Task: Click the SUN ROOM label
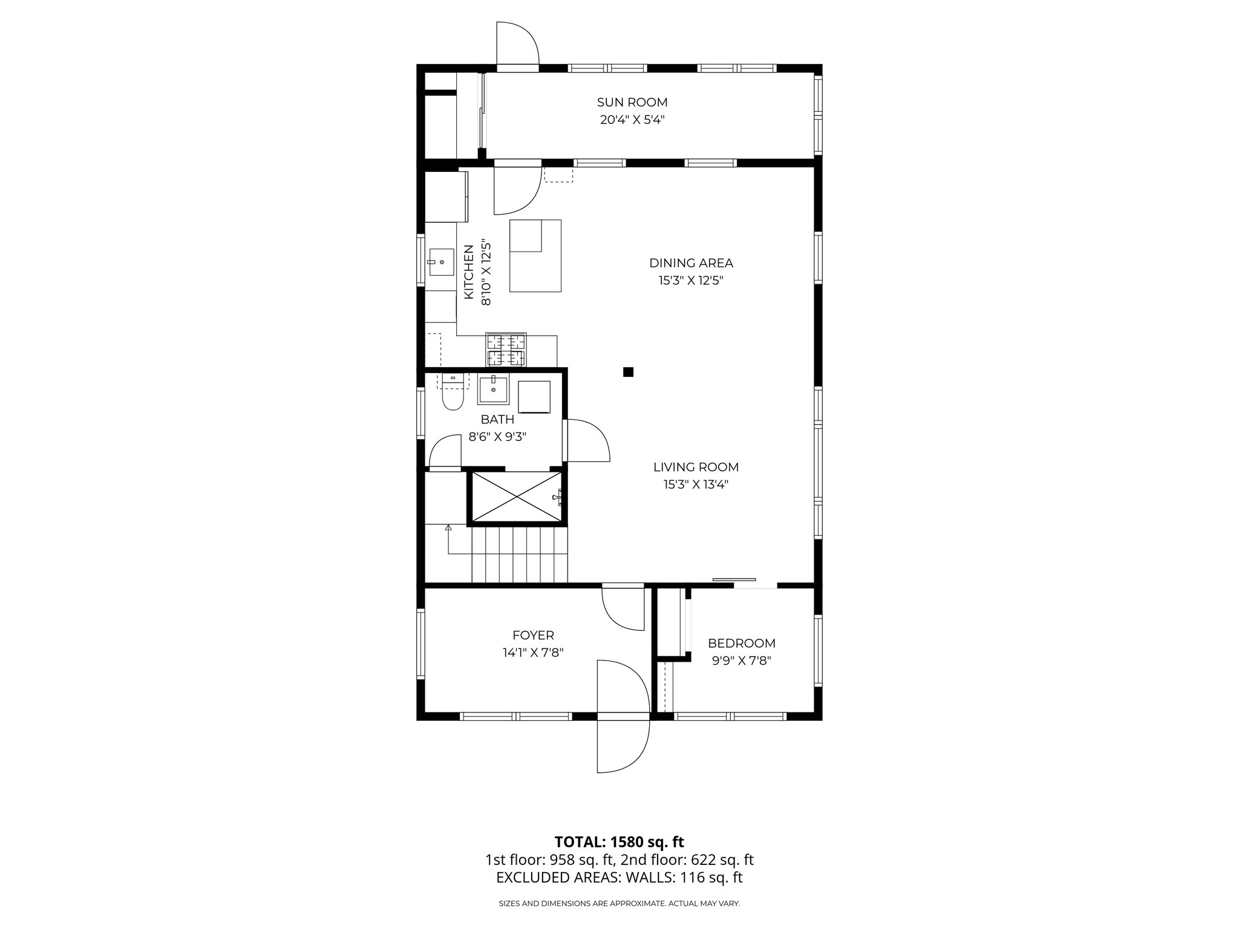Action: (x=632, y=102)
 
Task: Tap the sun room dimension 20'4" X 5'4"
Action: (x=632, y=120)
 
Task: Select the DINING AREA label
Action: (x=691, y=263)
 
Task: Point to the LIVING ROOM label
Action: (x=696, y=467)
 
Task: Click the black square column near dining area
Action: (x=628, y=372)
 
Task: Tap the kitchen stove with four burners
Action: (x=506, y=350)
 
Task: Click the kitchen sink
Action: (x=441, y=262)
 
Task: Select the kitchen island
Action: (x=535, y=256)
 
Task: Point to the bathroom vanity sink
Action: (x=494, y=390)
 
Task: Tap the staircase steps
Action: (x=519, y=554)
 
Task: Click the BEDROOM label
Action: (x=742, y=644)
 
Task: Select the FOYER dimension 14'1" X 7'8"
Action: (x=533, y=653)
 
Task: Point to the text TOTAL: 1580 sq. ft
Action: (x=619, y=842)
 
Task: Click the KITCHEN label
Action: (x=469, y=272)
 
